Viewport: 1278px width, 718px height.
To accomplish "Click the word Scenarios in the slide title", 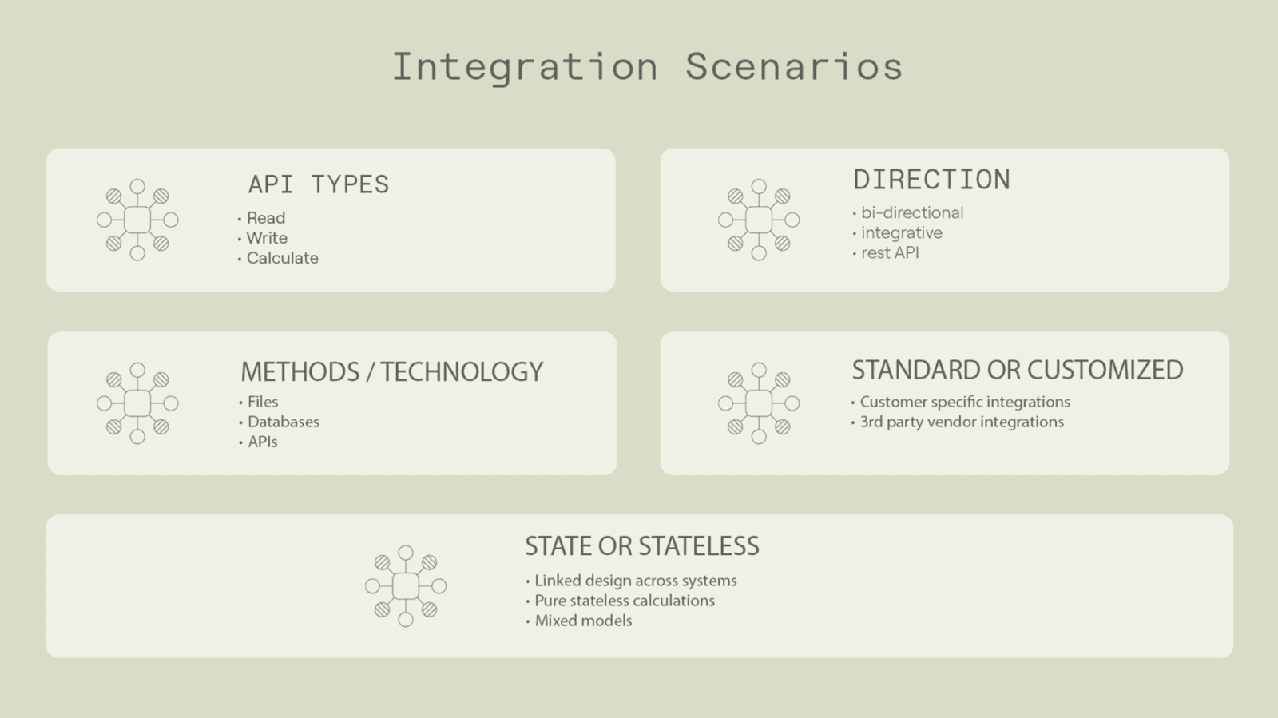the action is coord(794,67).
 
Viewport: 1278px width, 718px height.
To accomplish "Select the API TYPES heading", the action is coord(319,184).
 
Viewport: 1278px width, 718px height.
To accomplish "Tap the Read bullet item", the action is coord(266,218).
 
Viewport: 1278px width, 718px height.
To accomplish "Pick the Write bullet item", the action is coord(267,238).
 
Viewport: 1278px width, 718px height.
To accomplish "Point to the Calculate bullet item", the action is coord(283,258).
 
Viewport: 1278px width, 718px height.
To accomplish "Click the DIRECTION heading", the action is coord(931,180).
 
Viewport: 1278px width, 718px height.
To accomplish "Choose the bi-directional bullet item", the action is coord(911,212).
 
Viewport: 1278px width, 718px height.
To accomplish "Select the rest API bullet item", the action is coord(890,252).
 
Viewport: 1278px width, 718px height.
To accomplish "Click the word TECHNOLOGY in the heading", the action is coord(462,372).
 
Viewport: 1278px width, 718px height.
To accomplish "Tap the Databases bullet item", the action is coord(283,422).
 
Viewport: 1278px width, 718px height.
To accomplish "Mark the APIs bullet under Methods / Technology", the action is coord(263,442).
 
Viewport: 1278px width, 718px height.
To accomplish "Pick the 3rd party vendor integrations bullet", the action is coord(962,422).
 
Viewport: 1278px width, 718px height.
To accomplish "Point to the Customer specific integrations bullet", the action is coord(965,402).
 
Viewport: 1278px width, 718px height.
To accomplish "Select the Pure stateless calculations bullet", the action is coord(624,601).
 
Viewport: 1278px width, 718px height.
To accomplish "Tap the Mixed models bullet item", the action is coord(583,621).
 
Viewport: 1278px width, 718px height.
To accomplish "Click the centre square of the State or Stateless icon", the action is coord(406,586).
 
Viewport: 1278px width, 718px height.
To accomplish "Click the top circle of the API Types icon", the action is coord(137,186).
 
